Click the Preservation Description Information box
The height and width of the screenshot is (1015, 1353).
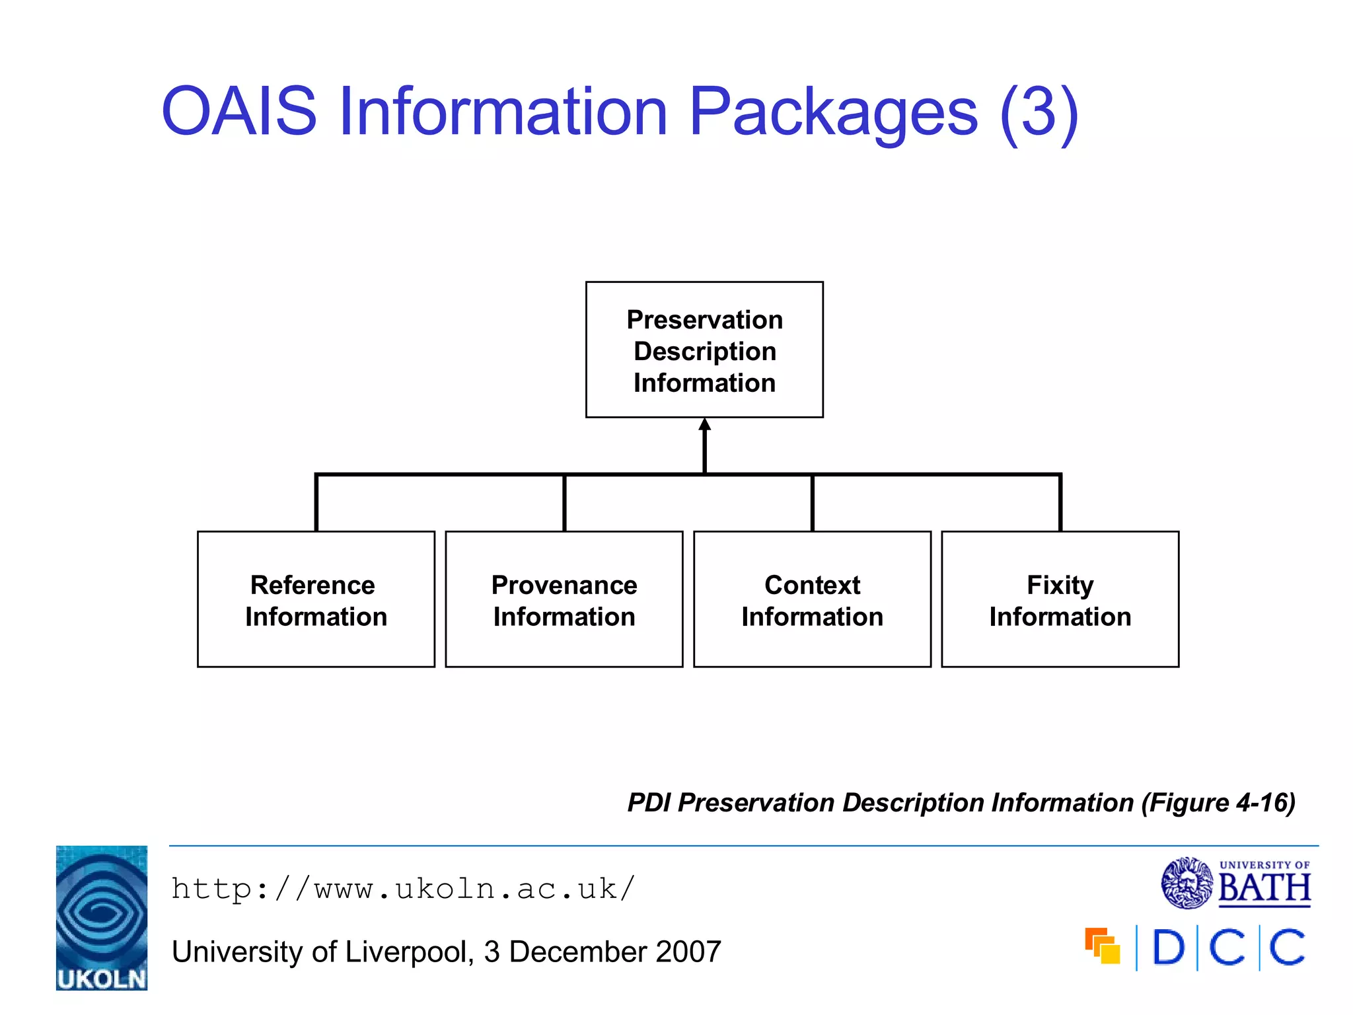coord(704,350)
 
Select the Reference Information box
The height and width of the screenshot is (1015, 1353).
coord(316,599)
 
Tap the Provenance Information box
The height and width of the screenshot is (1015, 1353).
coord(564,599)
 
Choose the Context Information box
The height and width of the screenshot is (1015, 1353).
coord(812,599)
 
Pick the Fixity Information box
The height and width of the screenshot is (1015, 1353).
coord(1060,599)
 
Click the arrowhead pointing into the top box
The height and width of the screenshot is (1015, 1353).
coord(705,425)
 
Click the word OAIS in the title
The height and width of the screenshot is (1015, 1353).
coord(239,112)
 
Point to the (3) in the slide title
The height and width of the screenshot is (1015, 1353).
coord(1039,112)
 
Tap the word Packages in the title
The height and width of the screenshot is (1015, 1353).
coord(832,112)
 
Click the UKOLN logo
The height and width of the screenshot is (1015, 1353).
coord(102,917)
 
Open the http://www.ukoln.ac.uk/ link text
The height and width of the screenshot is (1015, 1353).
coord(403,889)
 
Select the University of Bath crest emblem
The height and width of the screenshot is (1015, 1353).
coord(1187,883)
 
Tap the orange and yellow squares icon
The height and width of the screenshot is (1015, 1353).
coord(1103,946)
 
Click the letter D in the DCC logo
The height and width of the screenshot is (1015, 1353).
coord(1168,948)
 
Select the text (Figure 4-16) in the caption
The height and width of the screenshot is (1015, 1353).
coord(1218,803)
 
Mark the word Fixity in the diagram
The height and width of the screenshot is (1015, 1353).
coord(1060,585)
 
